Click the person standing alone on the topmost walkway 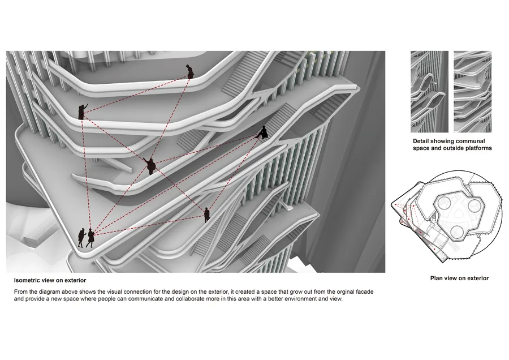pos(190,71)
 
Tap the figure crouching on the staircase pos(264,132)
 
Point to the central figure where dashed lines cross pos(150,166)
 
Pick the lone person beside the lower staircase pos(207,215)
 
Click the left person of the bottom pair pos(81,238)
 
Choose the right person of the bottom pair pos(90,238)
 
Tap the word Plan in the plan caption pos(437,278)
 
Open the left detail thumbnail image pos(429,92)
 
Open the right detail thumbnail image pos(473,92)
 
